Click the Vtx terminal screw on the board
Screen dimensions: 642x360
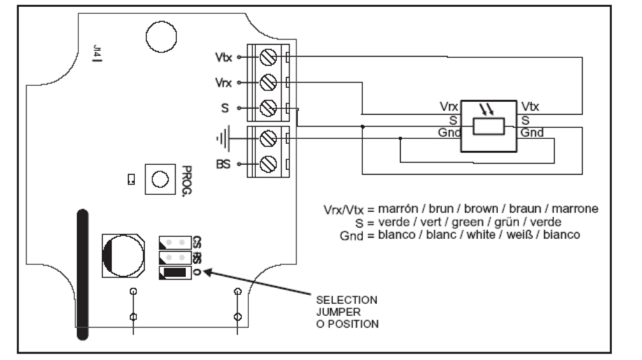point(268,57)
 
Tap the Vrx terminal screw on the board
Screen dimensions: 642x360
point(268,82)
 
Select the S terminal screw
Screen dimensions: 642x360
point(268,108)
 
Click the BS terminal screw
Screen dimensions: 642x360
point(268,164)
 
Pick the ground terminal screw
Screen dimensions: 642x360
point(268,138)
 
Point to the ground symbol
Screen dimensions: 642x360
point(223,138)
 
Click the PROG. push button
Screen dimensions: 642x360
point(160,179)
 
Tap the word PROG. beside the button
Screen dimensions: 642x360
point(186,181)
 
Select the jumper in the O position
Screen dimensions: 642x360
point(175,273)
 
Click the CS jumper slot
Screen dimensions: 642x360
point(175,243)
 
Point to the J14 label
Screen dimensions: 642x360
point(97,52)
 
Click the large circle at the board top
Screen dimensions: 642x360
point(162,37)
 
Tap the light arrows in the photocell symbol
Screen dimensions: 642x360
point(487,109)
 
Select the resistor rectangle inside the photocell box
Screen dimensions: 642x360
point(488,126)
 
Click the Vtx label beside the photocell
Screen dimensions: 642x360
point(530,107)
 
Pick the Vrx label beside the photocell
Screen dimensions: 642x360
point(449,107)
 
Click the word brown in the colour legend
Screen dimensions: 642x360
point(481,208)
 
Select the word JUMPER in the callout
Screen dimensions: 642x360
point(338,312)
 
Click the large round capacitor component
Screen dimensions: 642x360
point(123,256)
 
